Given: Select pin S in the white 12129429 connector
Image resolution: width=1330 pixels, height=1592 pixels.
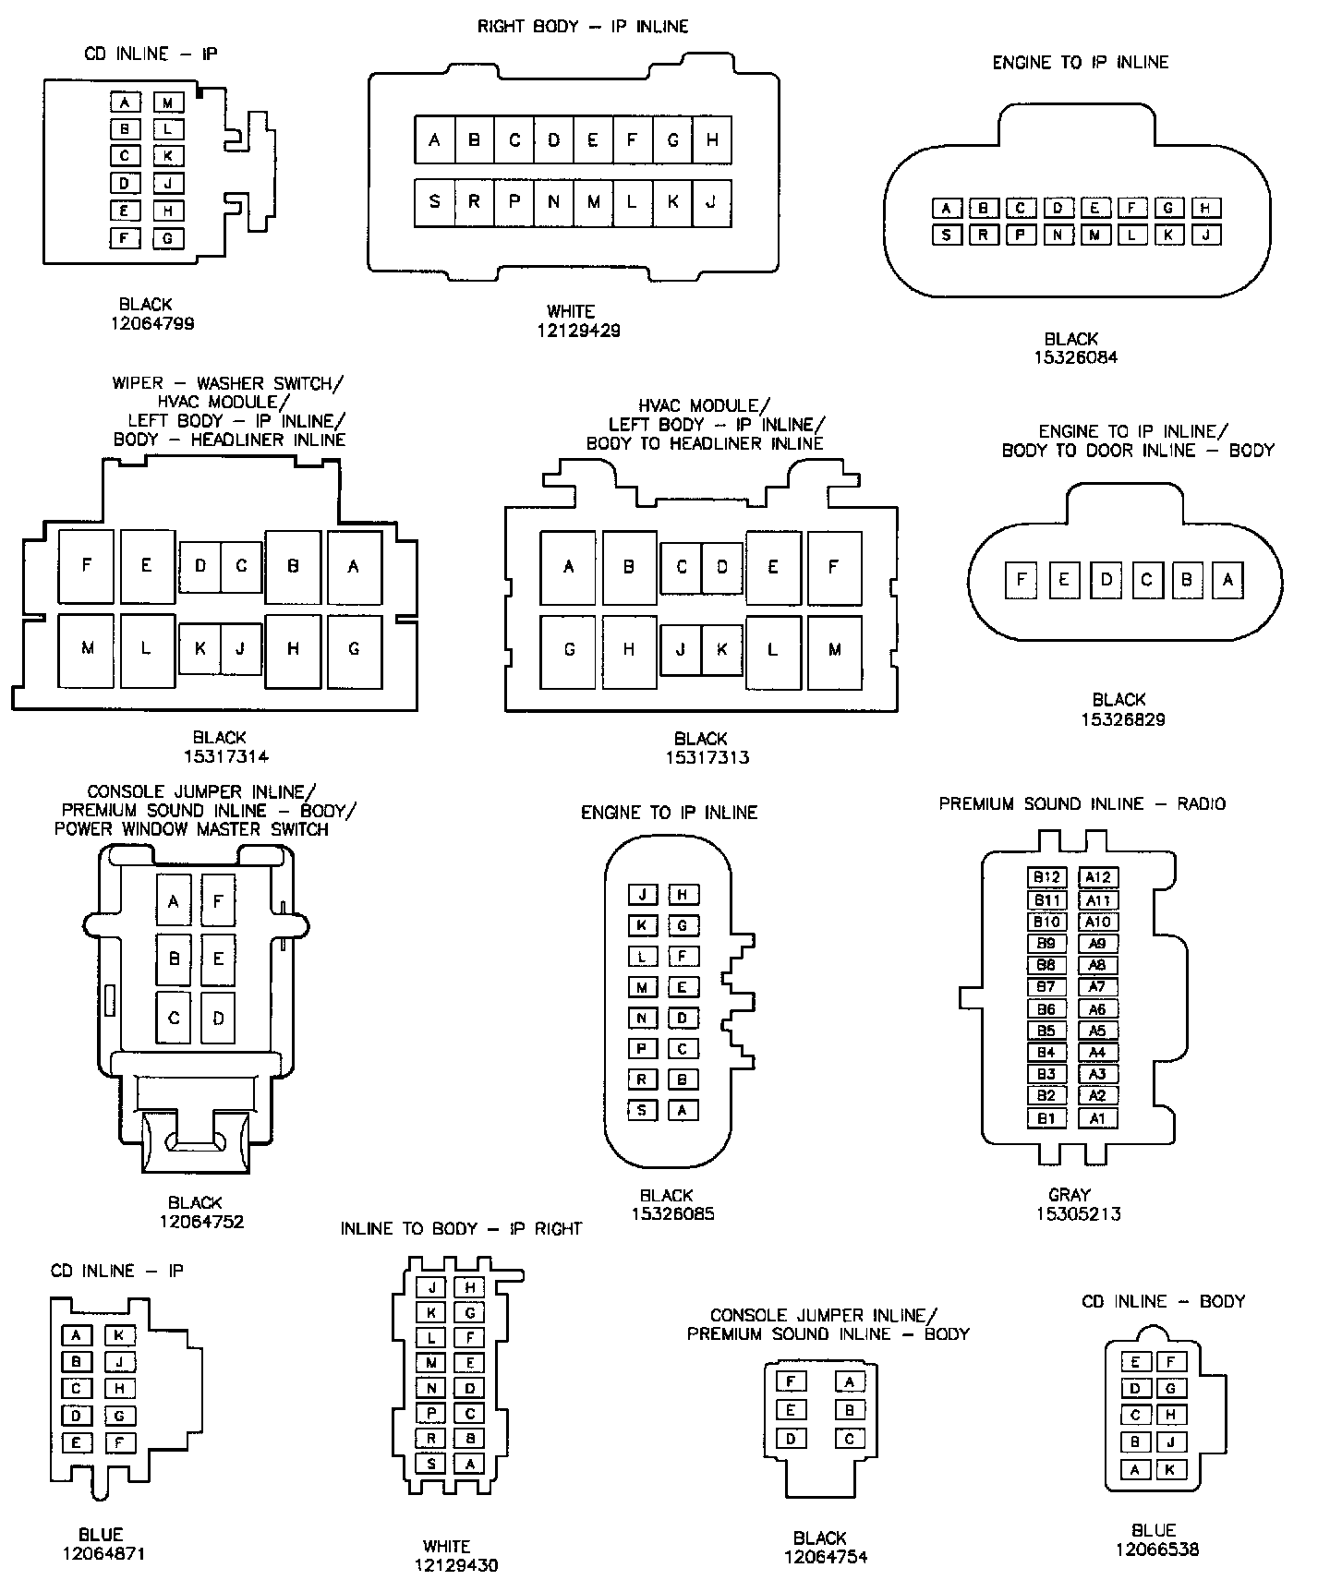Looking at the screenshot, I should point(434,201).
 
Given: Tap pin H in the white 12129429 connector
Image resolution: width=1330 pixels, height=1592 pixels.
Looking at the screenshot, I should point(712,140).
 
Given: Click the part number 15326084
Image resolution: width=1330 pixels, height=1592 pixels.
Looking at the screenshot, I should point(1075,357).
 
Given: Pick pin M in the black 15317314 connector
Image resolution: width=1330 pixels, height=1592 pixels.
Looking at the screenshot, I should point(87,648).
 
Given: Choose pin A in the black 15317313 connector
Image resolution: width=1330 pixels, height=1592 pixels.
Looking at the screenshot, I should point(568,567).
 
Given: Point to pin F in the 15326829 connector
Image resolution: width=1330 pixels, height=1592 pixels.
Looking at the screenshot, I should point(1021,580).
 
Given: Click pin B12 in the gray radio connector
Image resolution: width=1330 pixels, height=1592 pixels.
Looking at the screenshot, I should point(1046,877).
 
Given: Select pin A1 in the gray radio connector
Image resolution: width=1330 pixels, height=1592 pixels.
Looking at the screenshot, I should point(1097,1118).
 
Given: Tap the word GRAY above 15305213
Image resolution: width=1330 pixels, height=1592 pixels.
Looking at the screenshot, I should point(1070,1194).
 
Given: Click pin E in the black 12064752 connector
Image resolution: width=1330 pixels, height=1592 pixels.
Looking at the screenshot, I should point(218,959).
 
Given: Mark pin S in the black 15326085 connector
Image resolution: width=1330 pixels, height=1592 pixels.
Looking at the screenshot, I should point(642,1110).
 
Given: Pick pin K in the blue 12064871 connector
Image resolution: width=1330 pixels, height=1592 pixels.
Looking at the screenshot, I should point(119,1335).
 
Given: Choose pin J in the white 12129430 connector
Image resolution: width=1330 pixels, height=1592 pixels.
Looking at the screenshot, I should point(430,1287).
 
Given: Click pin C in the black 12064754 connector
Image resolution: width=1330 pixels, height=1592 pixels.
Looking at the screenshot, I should point(850,1439).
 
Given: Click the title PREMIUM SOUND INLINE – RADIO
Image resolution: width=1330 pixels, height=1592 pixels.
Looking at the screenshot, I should point(1082,804).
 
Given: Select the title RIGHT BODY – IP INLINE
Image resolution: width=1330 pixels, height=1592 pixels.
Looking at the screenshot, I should point(582,27).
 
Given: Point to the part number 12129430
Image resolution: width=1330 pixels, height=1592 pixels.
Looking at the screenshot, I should point(455,1565).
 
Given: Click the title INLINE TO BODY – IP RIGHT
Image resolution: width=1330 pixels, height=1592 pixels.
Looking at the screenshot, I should point(461,1229).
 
